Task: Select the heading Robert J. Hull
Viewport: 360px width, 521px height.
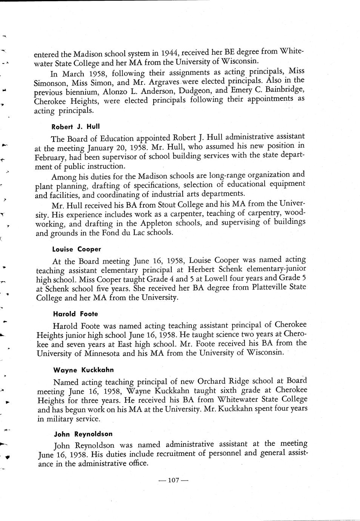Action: (70, 127)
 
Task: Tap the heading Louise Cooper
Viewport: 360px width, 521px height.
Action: (77, 249)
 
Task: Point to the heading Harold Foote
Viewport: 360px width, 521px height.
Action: (75, 314)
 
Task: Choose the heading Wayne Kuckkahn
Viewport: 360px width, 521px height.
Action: (83, 370)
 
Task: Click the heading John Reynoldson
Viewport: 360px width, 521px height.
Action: (83, 434)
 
